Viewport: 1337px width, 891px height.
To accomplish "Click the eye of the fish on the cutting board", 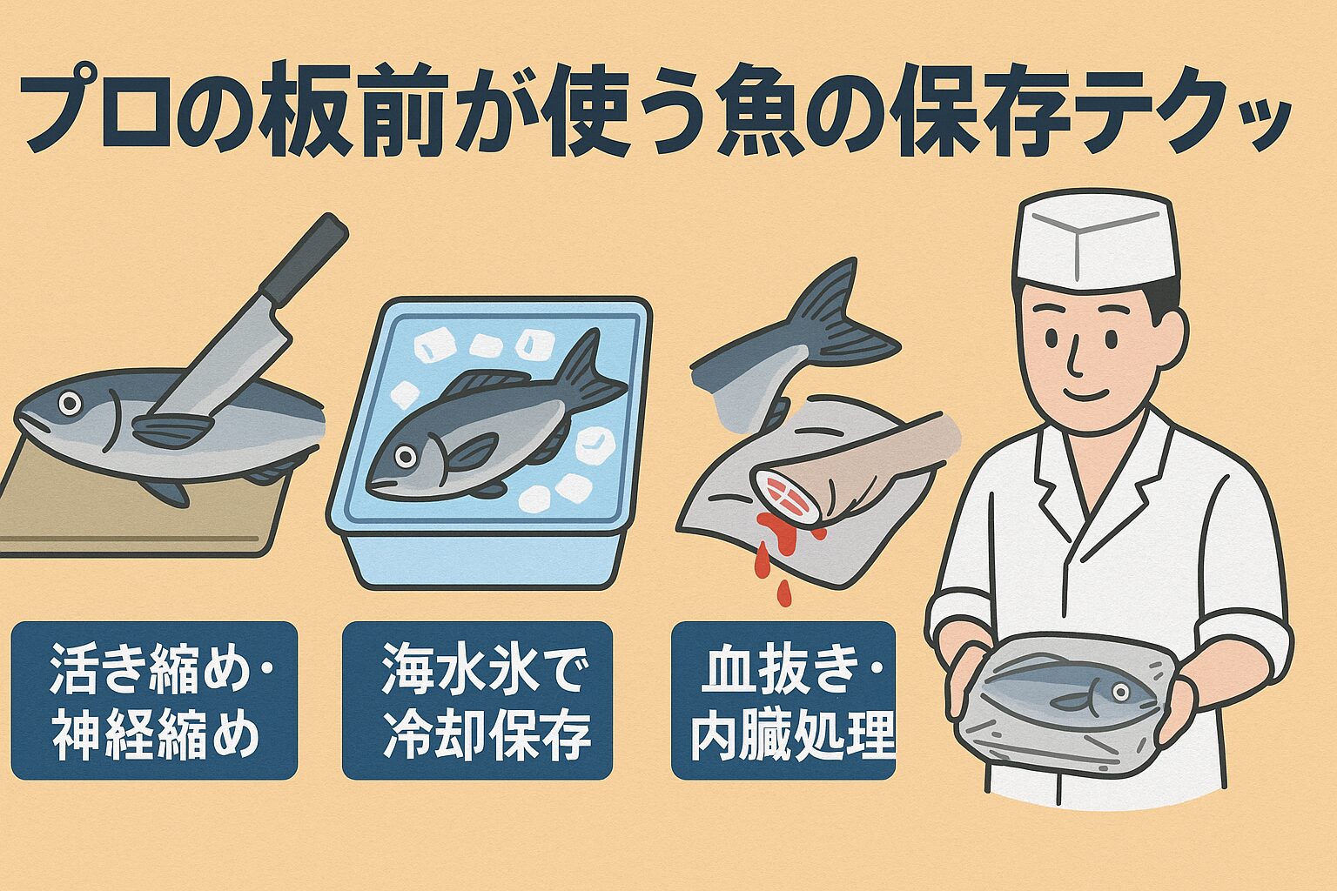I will click(69, 403).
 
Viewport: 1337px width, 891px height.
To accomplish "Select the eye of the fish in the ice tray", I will click(405, 456).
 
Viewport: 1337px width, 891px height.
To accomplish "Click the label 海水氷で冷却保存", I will click(477, 700).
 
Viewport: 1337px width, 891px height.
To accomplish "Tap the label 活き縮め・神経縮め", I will click(154, 700).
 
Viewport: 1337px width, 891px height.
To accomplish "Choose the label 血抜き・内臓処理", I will click(783, 700).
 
